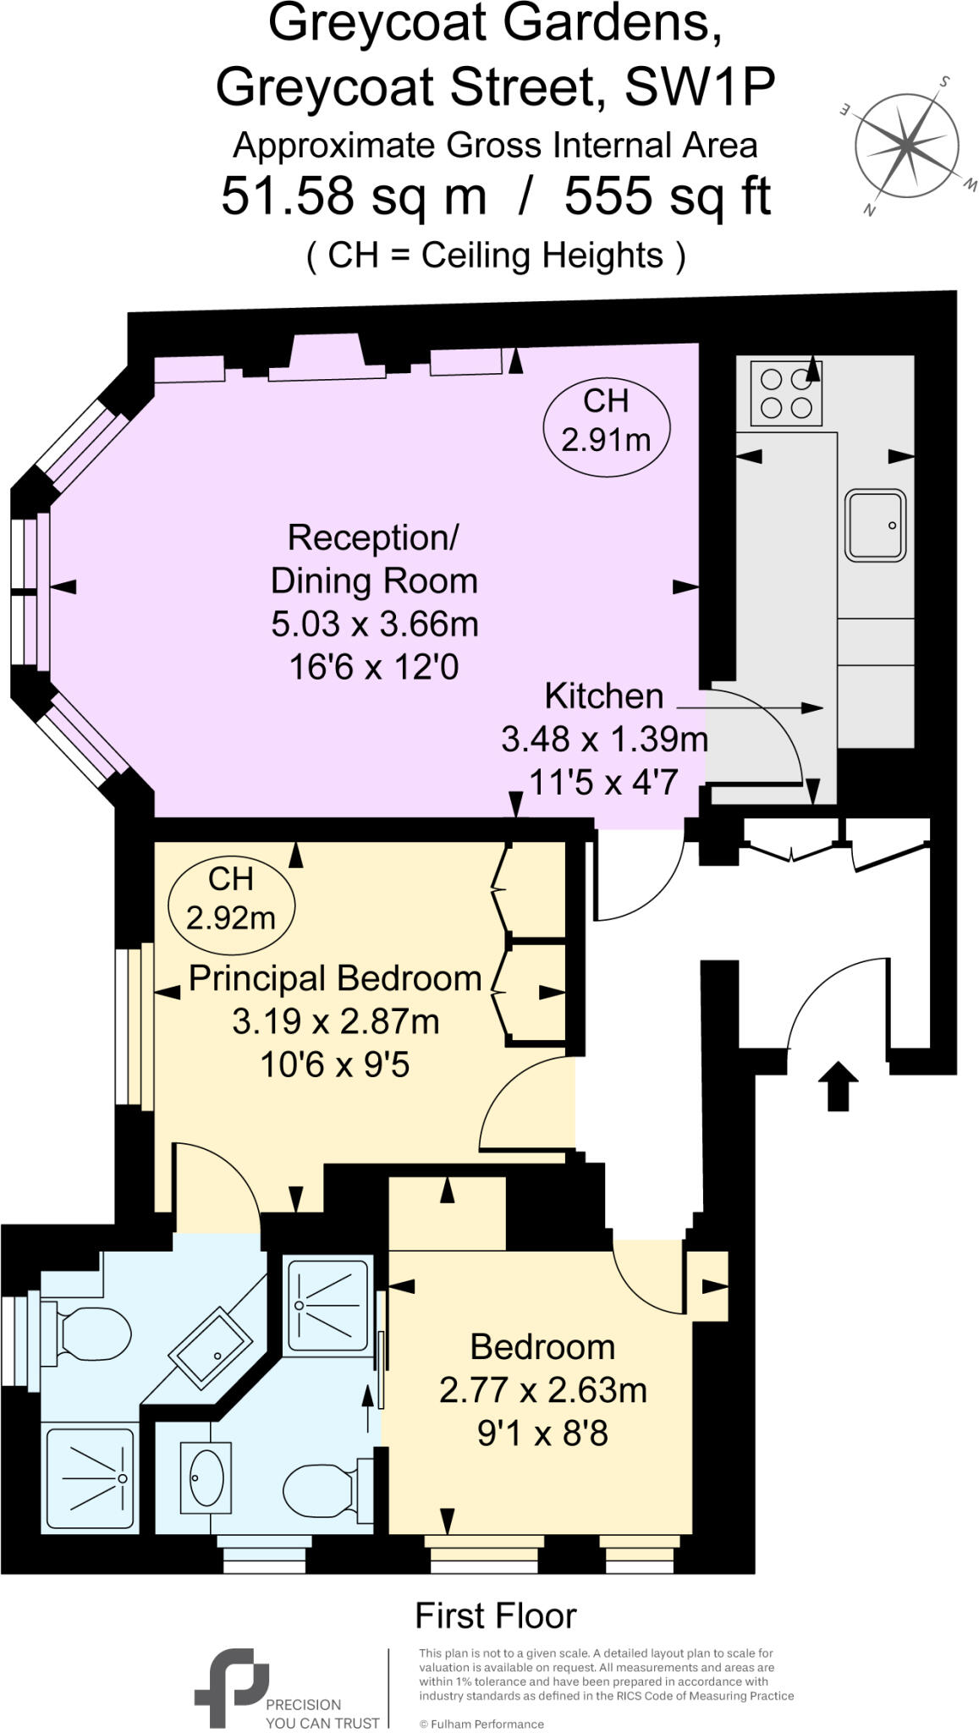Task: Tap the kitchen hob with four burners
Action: (786, 393)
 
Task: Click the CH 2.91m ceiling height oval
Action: (606, 421)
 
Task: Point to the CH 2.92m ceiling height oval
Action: (231, 900)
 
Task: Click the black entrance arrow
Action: (838, 1085)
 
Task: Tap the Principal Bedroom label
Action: (335, 978)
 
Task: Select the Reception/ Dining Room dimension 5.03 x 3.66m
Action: (375, 624)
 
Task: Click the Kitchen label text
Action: (604, 696)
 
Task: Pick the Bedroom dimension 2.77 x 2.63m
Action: (542, 1389)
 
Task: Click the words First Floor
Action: (496, 1616)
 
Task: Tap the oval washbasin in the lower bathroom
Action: (205, 1478)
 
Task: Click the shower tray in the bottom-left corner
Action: (90, 1478)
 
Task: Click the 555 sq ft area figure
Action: (668, 196)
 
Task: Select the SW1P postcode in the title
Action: (700, 86)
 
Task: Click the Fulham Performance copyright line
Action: (481, 1724)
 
